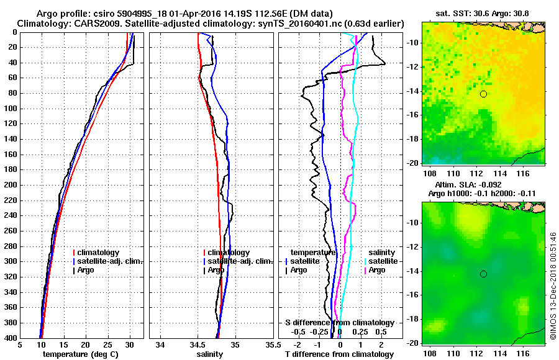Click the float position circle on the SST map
tap(483, 94)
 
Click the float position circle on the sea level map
tap(483, 274)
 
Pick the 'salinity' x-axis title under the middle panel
tap(211, 354)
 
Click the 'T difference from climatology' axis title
tap(339, 354)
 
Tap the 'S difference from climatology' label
tap(339, 323)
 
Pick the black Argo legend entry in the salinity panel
tap(216, 270)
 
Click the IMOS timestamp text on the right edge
tap(553, 286)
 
